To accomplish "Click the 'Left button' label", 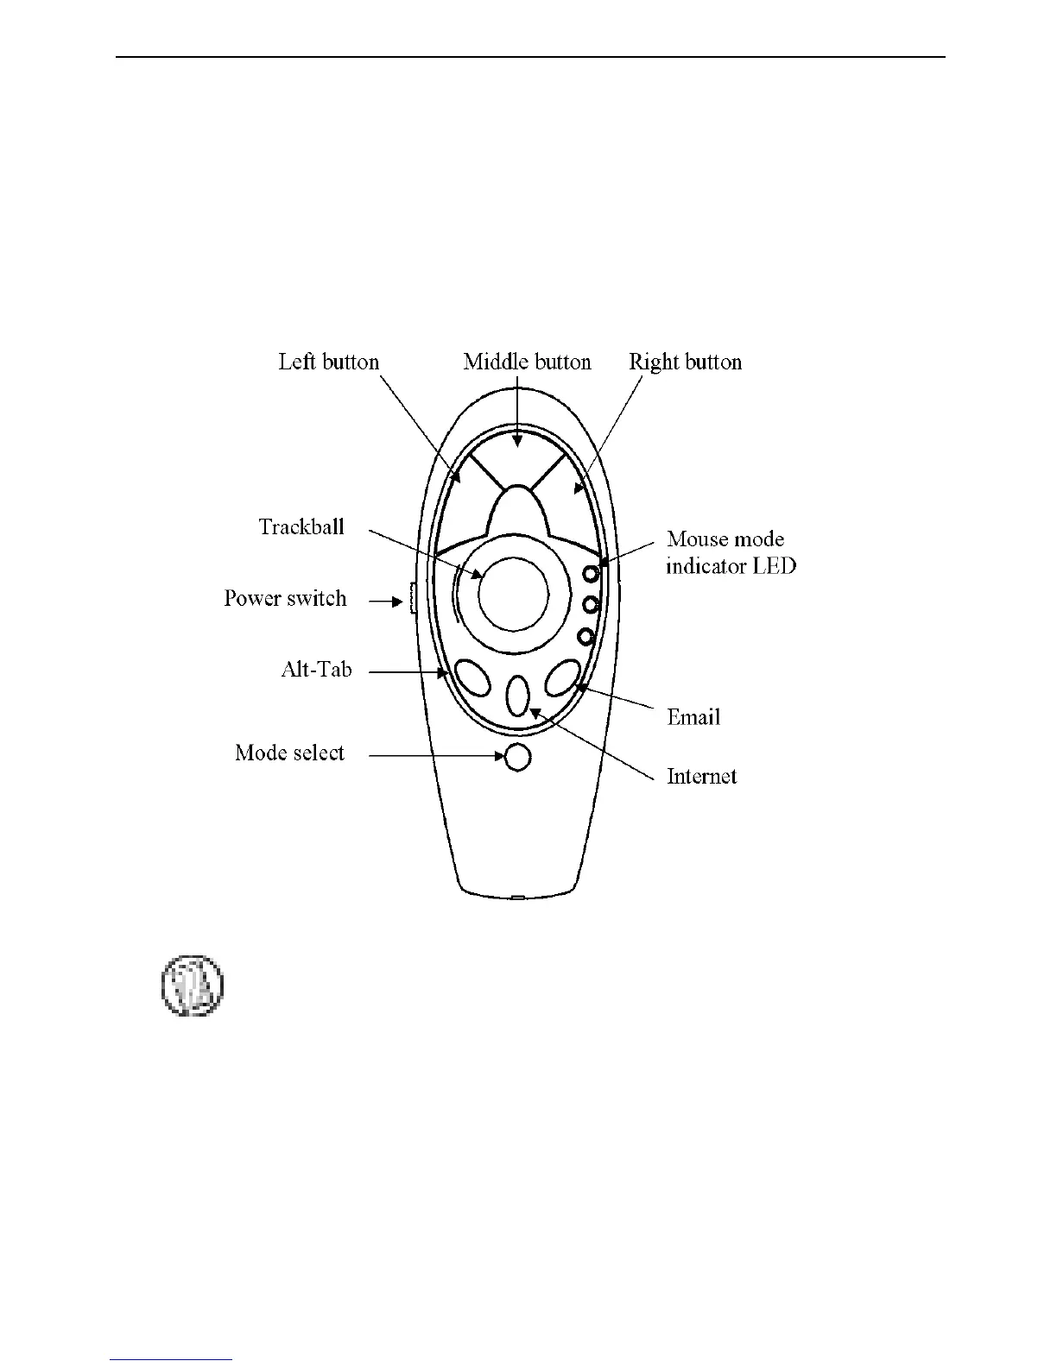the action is click(328, 362).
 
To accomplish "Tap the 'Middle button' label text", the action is click(527, 362).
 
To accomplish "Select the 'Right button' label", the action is click(685, 362).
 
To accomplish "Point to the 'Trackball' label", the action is click(301, 527).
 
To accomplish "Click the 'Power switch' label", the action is click(285, 599).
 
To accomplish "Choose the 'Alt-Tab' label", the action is click(316, 670).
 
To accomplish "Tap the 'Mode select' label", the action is click(289, 753).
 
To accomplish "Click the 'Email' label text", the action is click(693, 717).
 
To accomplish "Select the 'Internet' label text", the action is click(701, 777).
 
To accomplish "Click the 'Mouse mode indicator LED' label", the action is click(731, 553).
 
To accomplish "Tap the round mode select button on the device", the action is click(516, 757).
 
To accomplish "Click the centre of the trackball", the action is click(513, 595).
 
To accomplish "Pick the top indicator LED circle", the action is click(591, 573).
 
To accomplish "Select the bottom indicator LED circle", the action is click(586, 637).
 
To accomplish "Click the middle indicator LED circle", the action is click(591, 604).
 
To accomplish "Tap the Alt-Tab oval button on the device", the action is click(472, 677).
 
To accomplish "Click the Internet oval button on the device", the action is click(516, 696).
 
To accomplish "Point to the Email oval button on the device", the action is click(562, 677).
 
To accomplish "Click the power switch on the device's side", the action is click(412, 599).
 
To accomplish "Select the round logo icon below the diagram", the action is click(192, 985).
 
